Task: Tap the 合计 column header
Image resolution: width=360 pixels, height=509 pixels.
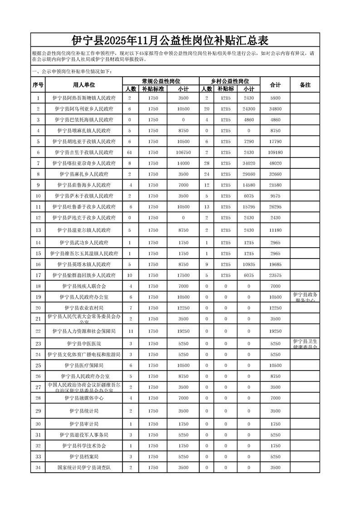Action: click(275, 85)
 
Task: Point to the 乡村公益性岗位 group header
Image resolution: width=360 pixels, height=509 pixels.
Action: click(230, 81)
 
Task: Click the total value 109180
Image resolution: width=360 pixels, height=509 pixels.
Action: click(275, 152)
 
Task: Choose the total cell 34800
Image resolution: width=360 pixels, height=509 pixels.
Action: click(275, 109)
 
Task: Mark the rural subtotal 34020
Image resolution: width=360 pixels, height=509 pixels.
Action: click(249, 163)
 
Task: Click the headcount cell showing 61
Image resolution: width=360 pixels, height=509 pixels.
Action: click(130, 152)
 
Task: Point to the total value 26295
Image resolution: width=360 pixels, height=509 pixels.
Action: click(275, 207)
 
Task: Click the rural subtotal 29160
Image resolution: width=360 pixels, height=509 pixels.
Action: click(249, 174)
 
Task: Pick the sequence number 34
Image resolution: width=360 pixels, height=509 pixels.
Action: click(38, 467)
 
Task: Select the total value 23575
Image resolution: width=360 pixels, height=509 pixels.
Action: click(275, 275)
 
